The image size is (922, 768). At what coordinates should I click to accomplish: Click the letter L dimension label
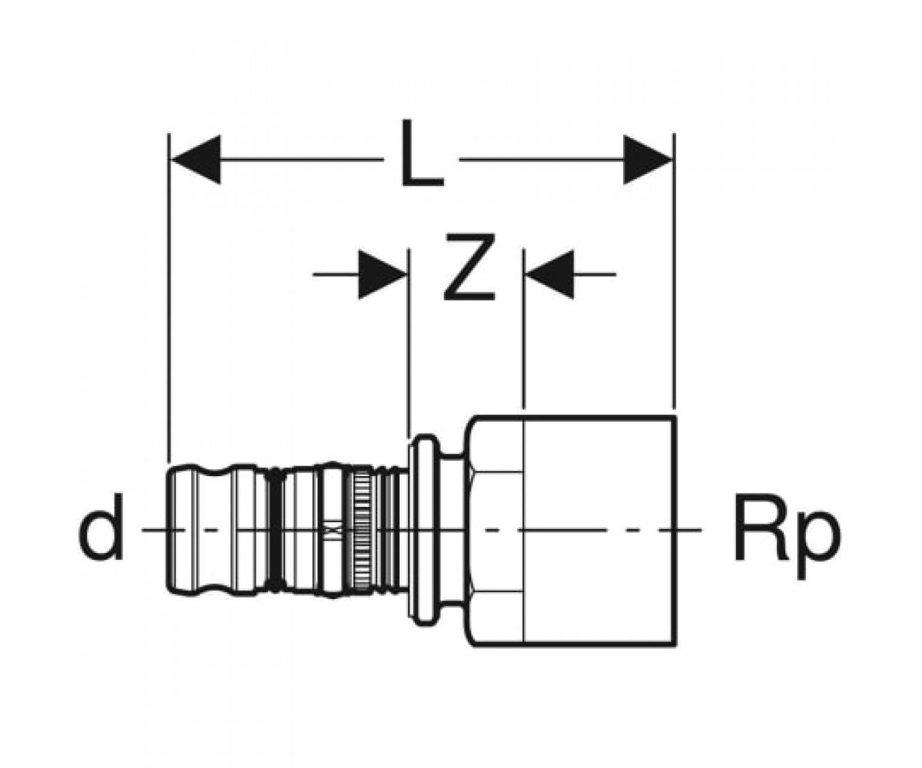[422, 153]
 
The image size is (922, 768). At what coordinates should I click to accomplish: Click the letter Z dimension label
[469, 267]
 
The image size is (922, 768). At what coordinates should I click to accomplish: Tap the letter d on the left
[100, 528]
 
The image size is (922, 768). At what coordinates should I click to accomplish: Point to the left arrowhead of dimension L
[195, 159]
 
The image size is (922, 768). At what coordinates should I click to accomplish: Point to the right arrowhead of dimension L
[648, 159]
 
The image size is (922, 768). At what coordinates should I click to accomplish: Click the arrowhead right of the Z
[550, 274]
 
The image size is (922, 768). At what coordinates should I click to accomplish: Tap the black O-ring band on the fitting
[274, 529]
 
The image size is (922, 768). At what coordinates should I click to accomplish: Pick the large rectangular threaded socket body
[599, 531]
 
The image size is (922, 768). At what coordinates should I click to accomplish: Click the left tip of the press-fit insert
[167, 529]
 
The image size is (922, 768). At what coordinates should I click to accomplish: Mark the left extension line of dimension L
[169, 297]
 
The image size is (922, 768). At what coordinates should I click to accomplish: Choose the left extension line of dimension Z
[410, 343]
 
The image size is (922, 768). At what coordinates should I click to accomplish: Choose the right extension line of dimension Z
[524, 329]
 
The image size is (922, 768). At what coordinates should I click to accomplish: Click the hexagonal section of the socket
[495, 531]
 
